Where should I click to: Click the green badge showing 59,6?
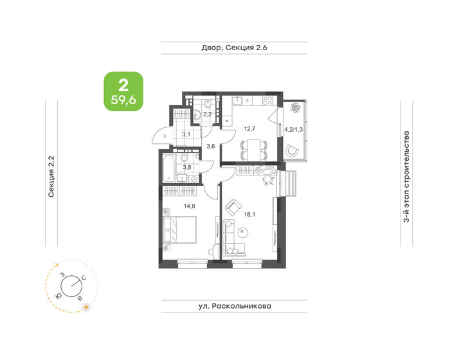[x=123, y=91]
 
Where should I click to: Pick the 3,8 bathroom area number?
[x=188, y=168]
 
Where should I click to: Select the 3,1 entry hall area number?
[x=186, y=134]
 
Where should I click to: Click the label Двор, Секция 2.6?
[x=233, y=48]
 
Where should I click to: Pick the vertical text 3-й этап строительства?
[x=406, y=176]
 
